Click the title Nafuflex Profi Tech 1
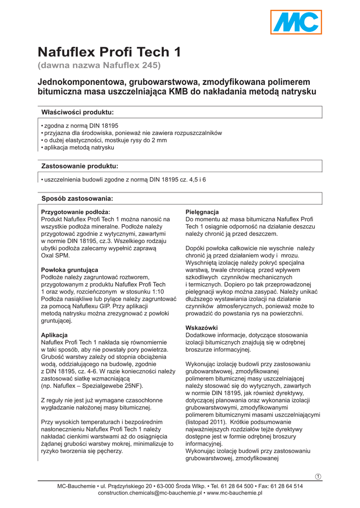click(109, 52)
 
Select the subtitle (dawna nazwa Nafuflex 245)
click(99, 65)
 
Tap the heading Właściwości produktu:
click(77, 112)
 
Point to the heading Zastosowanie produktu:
click(79, 166)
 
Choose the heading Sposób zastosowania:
click(77, 198)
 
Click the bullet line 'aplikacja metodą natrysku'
click(79, 148)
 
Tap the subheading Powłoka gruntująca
click(70, 270)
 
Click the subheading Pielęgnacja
click(202, 212)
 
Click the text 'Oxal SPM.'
click(56, 255)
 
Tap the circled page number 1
click(318, 477)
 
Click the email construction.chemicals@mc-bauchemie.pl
click(149, 493)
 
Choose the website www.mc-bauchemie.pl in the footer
click(234, 493)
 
